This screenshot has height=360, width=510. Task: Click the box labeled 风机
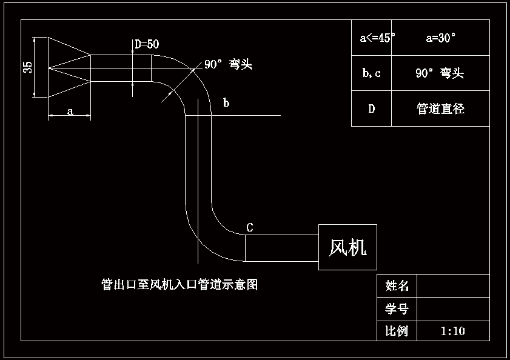click(x=347, y=247)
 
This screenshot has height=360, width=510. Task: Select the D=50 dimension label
click(x=147, y=44)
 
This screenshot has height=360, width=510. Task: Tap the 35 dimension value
click(x=28, y=67)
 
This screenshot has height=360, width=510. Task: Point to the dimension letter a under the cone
click(x=70, y=112)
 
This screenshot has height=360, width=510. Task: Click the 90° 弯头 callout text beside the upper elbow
click(x=228, y=65)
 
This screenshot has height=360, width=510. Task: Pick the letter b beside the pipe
click(x=226, y=103)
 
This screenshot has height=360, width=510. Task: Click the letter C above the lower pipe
click(x=250, y=227)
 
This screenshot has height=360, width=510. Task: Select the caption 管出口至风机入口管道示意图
click(x=179, y=284)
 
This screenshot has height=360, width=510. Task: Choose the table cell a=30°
click(x=441, y=38)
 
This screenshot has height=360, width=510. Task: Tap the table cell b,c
click(x=371, y=73)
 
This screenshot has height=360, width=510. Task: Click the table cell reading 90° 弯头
click(x=440, y=73)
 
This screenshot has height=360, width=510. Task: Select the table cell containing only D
click(x=371, y=109)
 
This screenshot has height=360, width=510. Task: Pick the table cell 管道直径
click(x=440, y=109)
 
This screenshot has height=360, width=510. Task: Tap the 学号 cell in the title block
click(x=397, y=309)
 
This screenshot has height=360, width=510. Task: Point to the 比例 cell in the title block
click(x=397, y=331)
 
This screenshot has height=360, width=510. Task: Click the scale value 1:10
click(x=452, y=331)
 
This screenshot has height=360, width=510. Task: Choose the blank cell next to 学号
click(x=453, y=309)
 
